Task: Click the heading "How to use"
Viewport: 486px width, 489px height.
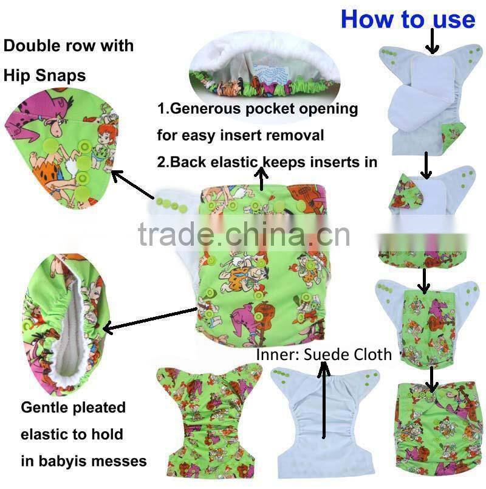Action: click(408, 19)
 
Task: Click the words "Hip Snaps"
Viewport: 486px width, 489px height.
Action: click(44, 75)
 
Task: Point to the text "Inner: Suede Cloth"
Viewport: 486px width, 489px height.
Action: click(324, 355)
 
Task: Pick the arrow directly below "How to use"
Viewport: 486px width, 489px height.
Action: click(432, 43)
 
